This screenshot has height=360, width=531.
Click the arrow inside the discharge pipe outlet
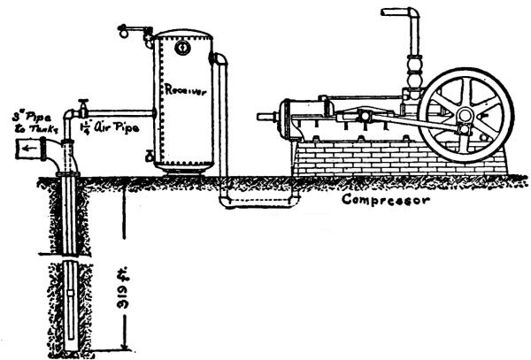[x=31, y=149]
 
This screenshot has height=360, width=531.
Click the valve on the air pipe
[x=82, y=103]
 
